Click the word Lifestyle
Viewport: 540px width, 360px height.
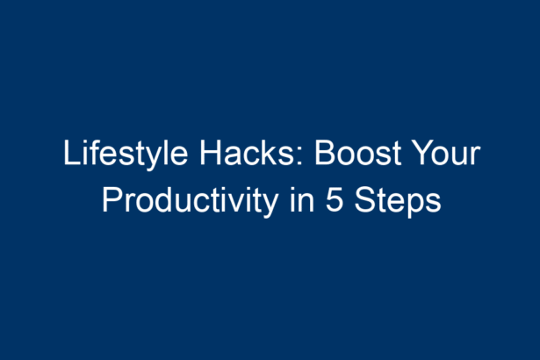(126, 155)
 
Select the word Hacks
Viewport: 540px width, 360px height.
(247, 153)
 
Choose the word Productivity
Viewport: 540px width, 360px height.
(191, 202)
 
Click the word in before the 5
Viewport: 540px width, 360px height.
(302, 200)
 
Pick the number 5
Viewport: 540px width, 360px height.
(335, 200)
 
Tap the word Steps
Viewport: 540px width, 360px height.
(398, 202)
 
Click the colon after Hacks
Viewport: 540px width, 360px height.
(299, 157)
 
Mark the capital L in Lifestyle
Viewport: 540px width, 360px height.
(71, 153)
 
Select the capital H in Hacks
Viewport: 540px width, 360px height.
(211, 153)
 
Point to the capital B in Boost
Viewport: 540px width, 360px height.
(325, 153)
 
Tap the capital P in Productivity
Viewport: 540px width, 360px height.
(112, 200)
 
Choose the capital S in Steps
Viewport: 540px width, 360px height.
(365, 200)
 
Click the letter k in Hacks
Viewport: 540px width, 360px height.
(270, 153)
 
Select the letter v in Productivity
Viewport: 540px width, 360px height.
(232, 204)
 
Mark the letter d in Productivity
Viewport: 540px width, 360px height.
(165, 200)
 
